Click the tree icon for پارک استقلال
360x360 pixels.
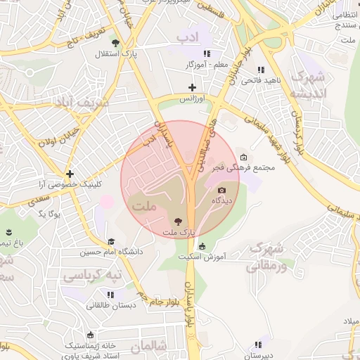pos(126,43)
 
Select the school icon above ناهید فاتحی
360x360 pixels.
pos(262,70)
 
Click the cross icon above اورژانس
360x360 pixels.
pos(192,87)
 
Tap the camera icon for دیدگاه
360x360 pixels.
pos(222,190)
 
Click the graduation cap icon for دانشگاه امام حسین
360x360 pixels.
pos(111,241)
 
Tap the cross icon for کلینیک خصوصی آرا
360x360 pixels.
pos(70,174)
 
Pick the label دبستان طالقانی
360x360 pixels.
pos(108,305)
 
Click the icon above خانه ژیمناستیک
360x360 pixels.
pos(89,335)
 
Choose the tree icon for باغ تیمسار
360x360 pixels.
pos(8,232)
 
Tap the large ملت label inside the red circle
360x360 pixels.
pos(143,207)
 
